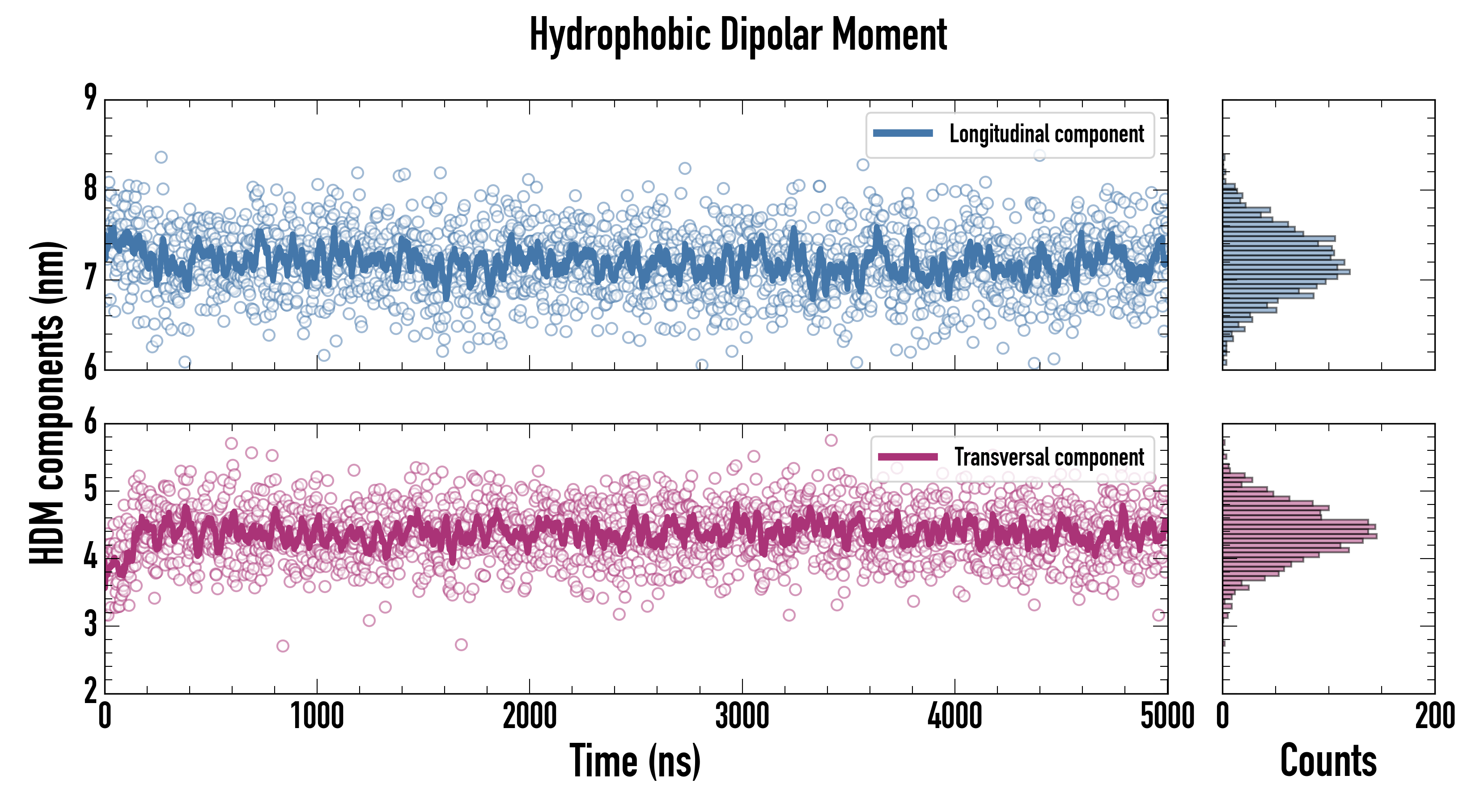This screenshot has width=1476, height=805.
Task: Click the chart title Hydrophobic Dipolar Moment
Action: [738, 34]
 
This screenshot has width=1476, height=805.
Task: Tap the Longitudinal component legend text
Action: [1046, 134]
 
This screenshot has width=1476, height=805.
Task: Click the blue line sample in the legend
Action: [903, 134]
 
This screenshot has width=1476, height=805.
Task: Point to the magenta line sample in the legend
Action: [908, 457]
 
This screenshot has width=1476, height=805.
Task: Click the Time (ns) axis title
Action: [635, 761]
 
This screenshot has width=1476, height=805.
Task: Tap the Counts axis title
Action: [1328, 761]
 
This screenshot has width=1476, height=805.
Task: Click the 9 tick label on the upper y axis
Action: [90, 97]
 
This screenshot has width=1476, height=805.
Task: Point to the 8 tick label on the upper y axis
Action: [90, 188]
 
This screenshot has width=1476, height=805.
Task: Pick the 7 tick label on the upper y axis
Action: [90, 279]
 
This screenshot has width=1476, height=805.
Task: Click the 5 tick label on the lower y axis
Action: [90, 490]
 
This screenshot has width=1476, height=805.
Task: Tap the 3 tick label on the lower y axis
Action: [90, 624]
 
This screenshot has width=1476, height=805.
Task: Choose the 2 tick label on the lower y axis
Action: [90, 691]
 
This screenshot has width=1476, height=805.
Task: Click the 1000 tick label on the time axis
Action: [317, 716]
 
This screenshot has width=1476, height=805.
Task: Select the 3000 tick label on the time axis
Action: [742, 716]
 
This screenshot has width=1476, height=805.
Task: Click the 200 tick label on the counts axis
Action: [1435, 716]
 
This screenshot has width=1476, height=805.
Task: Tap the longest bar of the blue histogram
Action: [1286, 271]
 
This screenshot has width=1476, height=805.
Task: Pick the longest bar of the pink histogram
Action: [1299, 536]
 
